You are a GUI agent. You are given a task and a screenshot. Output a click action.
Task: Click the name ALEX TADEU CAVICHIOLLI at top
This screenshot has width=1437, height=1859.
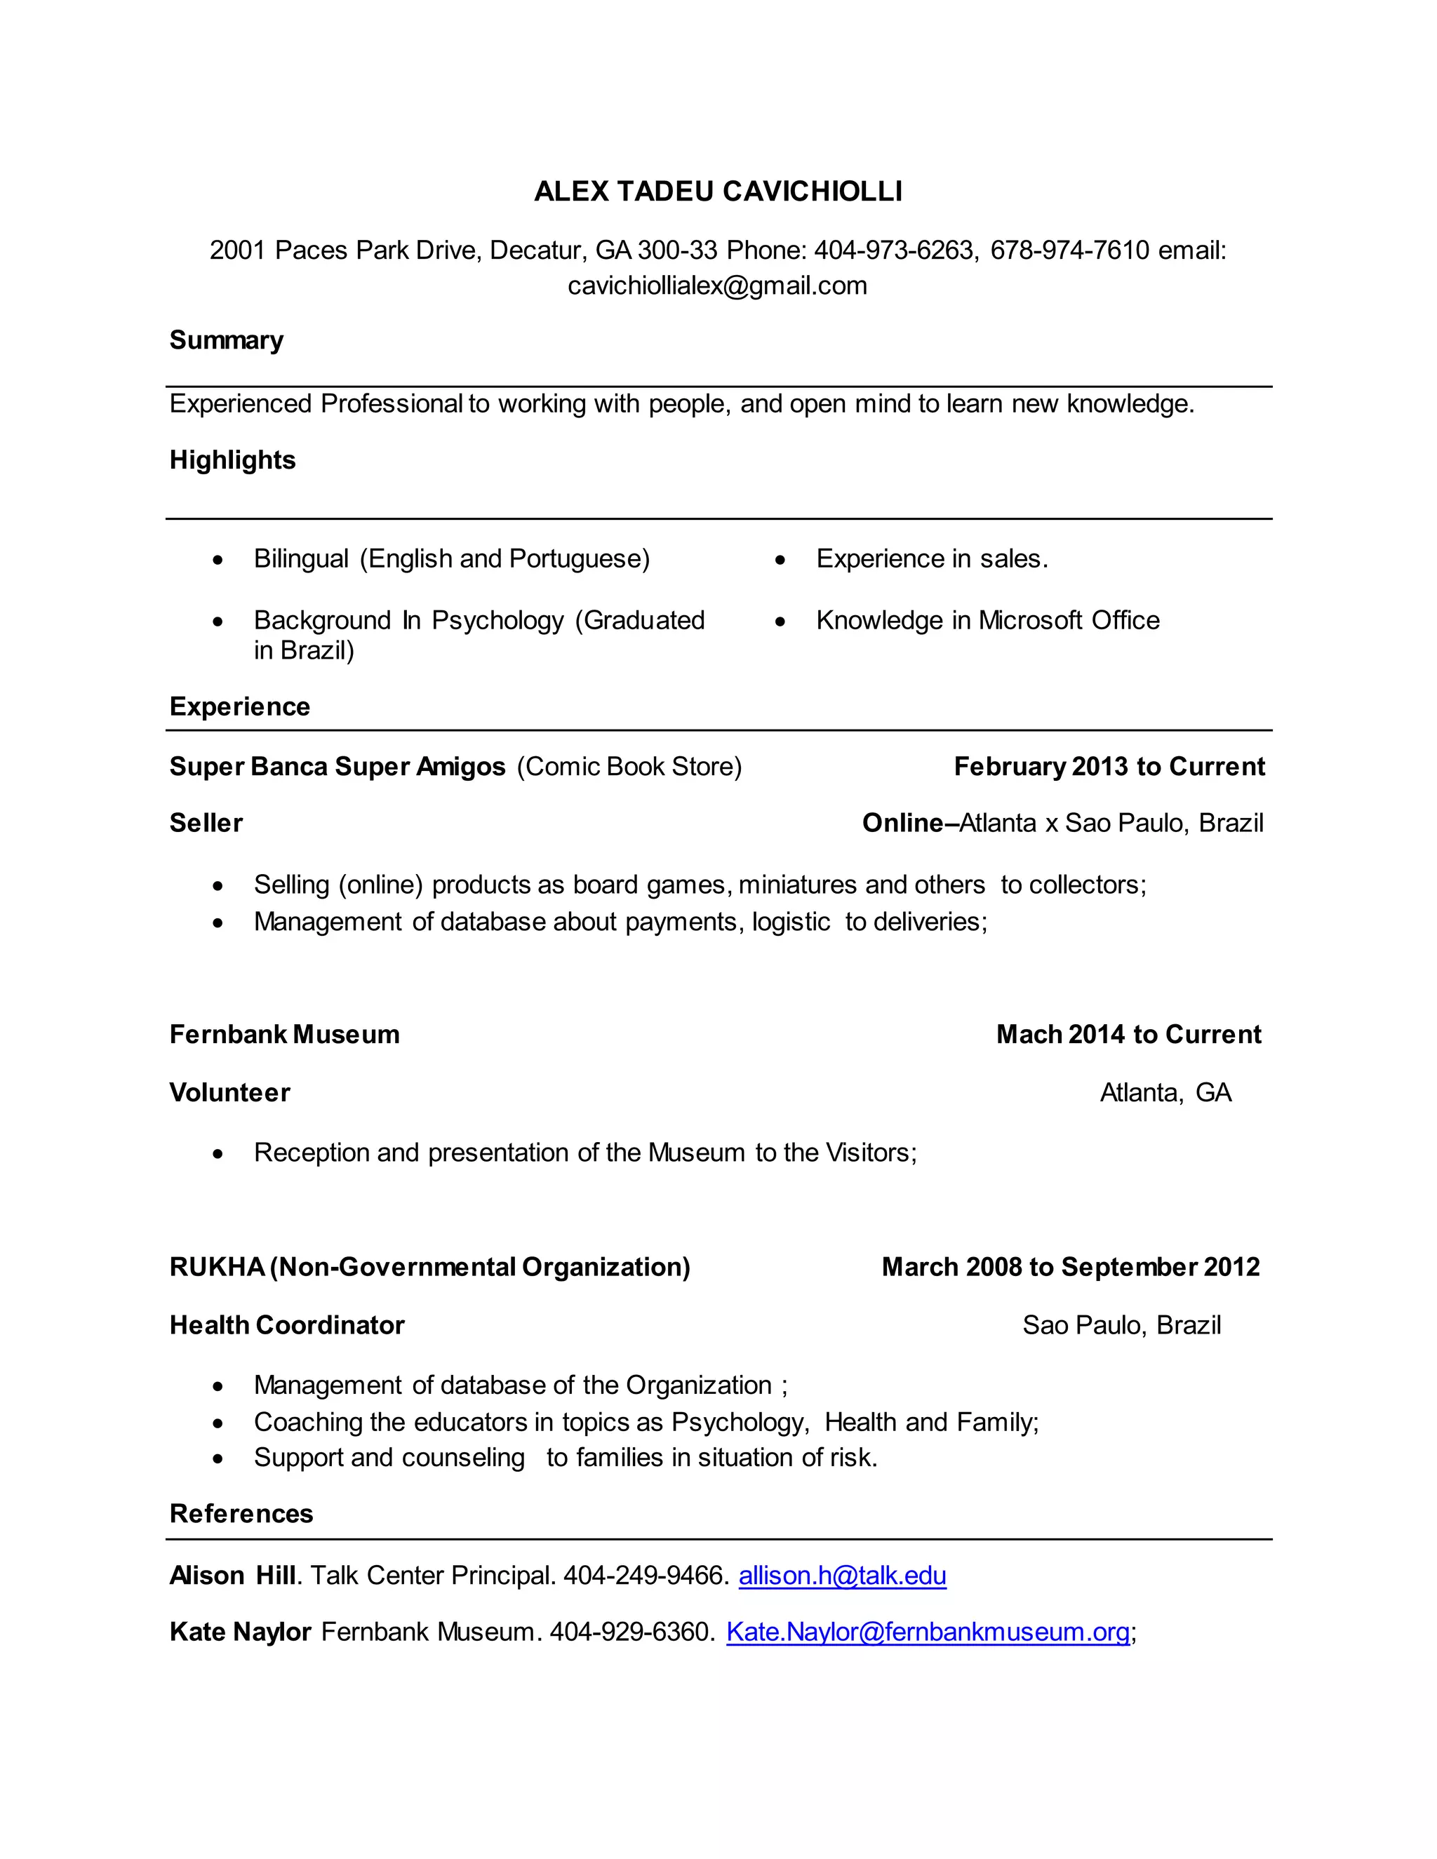point(718,192)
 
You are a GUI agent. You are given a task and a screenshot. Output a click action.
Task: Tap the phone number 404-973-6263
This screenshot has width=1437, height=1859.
point(894,250)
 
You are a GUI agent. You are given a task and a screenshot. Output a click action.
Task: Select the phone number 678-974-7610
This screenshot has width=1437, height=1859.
point(1069,250)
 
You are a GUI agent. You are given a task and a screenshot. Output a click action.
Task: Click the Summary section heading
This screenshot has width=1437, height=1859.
point(227,340)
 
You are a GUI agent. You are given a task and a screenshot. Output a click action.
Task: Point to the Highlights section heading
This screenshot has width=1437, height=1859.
point(232,459)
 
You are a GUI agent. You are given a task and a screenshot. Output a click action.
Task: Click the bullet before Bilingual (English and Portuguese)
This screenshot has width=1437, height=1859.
point(219,560)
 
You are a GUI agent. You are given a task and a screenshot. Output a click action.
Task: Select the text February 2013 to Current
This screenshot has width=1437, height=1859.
point(1109,766)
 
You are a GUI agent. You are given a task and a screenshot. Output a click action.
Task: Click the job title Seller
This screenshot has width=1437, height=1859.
point(206,822)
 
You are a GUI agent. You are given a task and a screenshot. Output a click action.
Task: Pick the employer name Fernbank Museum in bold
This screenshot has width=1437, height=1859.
point(284,1034)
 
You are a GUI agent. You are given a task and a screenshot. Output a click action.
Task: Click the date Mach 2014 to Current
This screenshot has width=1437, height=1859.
point(1128,1034)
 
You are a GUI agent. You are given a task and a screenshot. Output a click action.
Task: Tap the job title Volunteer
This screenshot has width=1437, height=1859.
point(230,1092)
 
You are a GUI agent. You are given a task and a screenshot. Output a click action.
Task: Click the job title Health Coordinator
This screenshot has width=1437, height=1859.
point(287,1324)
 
